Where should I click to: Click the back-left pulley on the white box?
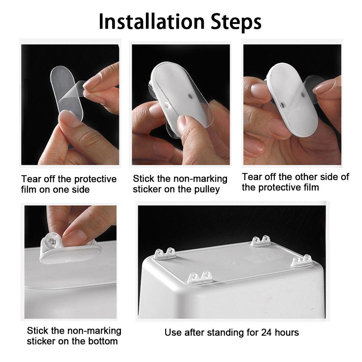click(x=165, y=253)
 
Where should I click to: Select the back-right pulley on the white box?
click(x=261, y=241)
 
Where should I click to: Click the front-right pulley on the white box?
click(x=302, y=261)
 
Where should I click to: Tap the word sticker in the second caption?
click(x=147, y=189)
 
